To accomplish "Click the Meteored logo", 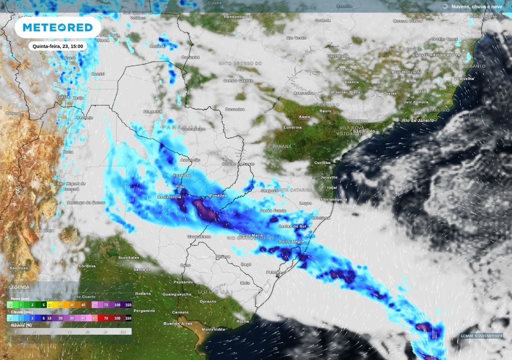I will pos(57,27).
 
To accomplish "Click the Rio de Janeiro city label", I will pos(418,120).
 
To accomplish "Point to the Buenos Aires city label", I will pos(178,323).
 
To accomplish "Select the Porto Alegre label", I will pos(291,242).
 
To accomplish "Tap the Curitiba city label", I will pos(322,162).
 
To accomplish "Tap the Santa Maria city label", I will pos(251,235).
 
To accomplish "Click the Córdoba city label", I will pos(87,266).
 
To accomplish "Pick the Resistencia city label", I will pos(169,197).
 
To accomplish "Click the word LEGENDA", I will pos(19,287).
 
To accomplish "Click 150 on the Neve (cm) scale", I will pos(128,304).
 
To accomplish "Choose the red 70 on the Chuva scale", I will pos(105,317).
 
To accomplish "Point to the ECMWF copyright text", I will pos(481,335).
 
